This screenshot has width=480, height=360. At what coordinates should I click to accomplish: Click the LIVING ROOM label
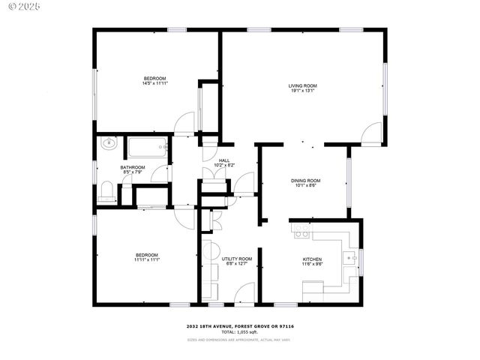pyautogui.click(x=303, y=86)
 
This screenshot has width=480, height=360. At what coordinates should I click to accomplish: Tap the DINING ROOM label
pyautogui.click(x=305, y=181)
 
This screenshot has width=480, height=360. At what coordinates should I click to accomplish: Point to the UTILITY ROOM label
pyautogui.click(x=236, y=259)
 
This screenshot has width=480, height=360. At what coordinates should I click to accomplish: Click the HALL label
pyautogui.click(x=224, y=160)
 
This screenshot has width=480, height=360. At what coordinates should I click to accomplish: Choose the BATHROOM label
pyautogui.click(x=133, y=167)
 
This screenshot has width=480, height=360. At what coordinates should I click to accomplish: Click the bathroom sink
pyautogui.click(x=107, y=143)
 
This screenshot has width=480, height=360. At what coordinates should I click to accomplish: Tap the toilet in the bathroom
pyautogui.click(x=106, y=191)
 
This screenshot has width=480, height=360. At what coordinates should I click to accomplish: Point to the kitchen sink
pyautogui.click(x=349, y=259)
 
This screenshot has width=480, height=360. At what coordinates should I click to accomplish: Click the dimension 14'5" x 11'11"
pyautogui.click(x=154, y=84)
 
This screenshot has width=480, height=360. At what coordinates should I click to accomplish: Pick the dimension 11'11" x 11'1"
pyautogui.click(x=147, y=259)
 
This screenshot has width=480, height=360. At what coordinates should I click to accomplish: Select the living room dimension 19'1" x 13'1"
pyautogui.click(x=303, y=91)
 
